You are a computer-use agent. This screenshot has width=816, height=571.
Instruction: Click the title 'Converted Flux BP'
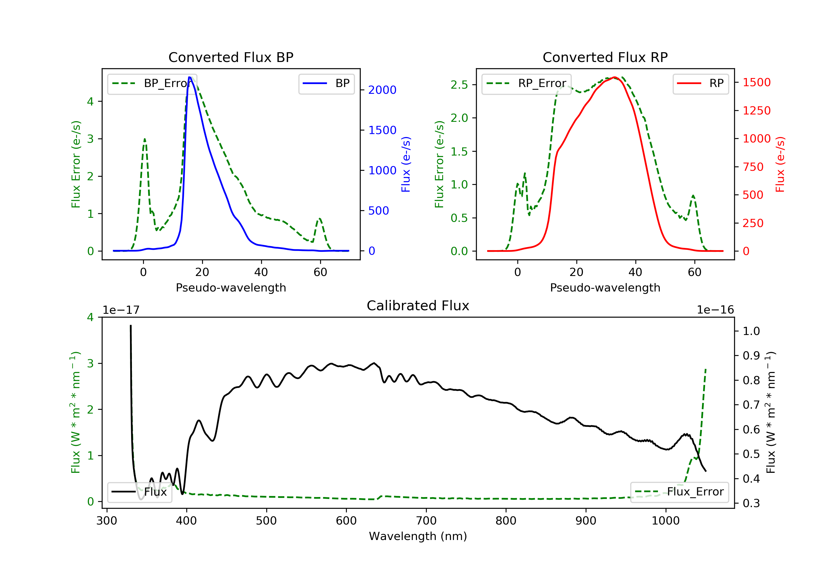tap(231, 57)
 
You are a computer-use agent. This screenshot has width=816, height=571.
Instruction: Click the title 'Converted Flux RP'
tap(605, 57)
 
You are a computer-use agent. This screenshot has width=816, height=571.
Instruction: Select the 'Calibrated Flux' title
tap(418, 306)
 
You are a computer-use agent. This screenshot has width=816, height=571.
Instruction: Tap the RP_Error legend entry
tap(526, 83)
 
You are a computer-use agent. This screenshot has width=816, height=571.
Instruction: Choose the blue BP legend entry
tap(326, 83)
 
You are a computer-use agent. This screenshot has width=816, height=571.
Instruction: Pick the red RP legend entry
tap(700, 83)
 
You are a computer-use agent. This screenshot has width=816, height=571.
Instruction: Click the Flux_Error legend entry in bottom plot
tap(679, 492)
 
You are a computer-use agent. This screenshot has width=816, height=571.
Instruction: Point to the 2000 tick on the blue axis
tap(382, 90)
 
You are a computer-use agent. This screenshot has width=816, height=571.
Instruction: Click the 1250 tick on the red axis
tap(757, 110)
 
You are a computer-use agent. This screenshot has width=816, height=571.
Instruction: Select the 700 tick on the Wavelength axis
tap(426, 520)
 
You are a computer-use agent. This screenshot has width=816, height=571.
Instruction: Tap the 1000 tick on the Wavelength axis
tap(666, 520)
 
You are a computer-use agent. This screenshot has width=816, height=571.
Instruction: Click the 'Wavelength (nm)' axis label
tap(418, 536)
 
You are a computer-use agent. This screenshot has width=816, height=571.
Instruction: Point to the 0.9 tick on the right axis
tap(751, 356)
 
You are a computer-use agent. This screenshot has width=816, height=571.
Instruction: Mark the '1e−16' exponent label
tap(715, 310)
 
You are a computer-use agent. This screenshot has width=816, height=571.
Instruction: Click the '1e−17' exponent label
tap(121, 310)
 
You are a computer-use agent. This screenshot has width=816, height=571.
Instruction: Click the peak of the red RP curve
tap(614, 77)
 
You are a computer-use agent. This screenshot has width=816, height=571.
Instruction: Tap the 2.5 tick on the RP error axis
tap(459, 85)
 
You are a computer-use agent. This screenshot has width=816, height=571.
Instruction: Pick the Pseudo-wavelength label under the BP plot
tap(231, 287)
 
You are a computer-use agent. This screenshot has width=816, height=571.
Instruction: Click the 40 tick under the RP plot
tap(635, 272)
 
